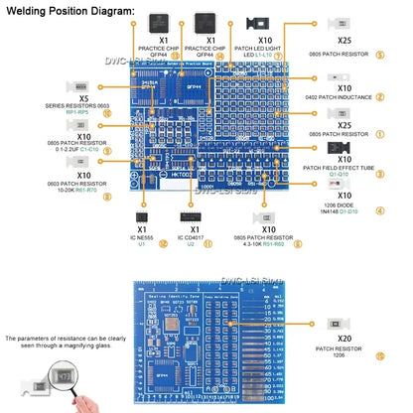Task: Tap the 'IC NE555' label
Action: point(141,237)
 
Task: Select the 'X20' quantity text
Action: point(344,339)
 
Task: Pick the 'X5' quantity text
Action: point(83,98)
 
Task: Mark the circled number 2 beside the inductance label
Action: point(381,96)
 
